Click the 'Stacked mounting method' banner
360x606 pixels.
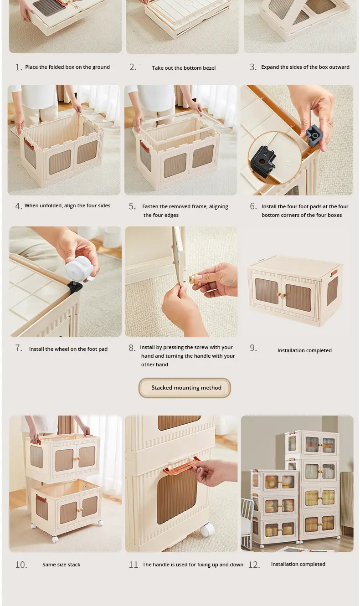coord(185,388)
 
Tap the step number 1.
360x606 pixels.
coord(18,67)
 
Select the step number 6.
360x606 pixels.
coord(253,206)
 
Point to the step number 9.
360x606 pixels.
coord(253,348)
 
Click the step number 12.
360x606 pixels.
coord(254,565)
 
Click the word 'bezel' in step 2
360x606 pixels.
coord(209,68)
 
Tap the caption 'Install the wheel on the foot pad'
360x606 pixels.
coord(68,349)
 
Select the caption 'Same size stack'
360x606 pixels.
coord(62,565)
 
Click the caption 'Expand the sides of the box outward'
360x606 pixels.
coord(305,67)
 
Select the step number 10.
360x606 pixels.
coord(21,565)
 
